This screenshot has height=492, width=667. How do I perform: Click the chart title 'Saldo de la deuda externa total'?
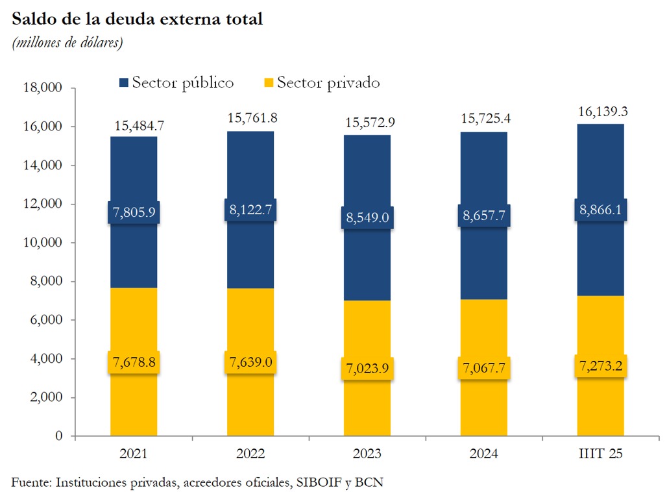(x=137, y=19)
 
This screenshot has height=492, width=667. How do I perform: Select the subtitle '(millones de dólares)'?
(x=67, y=43)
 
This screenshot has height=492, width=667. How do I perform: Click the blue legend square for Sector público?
(x=124, y=83)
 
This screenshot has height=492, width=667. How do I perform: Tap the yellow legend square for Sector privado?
(x=269, y=83)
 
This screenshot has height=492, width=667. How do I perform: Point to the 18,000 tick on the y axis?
(x=42, y=88)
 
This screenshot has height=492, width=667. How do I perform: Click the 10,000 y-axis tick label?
(x=42, y=243)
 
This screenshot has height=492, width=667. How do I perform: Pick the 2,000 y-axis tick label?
(x=45, y=397)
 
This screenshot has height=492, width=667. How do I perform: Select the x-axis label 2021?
(x=134, y=454)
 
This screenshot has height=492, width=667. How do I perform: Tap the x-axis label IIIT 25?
(x=600, y=454)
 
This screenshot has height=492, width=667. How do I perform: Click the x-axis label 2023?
(x=367, y=454)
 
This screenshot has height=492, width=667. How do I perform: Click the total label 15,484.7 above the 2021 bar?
(x=134, y=126)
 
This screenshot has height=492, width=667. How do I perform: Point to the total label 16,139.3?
(x=600, y=112)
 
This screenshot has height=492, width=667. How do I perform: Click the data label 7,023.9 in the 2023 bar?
(x=367, y=369)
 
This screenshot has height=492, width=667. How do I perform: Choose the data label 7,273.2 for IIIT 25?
(x=600, y=366)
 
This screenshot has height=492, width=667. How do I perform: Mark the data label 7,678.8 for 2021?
(x=134, y=362)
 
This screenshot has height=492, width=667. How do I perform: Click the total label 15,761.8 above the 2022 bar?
(x=250, y=119)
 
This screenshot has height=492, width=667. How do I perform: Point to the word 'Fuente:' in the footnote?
(x=31, y=482)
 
